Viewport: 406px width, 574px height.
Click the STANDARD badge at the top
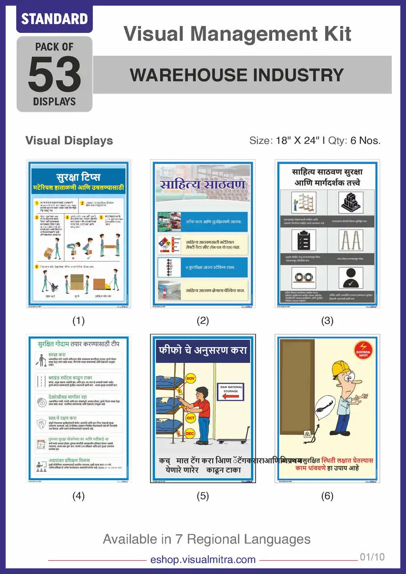[x=55, y=19]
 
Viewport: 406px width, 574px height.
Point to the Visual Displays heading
[x=69, y=140]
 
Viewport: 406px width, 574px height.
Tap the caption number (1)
[x=79, y=321]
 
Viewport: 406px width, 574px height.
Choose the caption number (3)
[x=327, y=321]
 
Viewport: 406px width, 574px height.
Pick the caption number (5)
[x=203, y=496]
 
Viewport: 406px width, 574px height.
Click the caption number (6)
[x=327, y=496]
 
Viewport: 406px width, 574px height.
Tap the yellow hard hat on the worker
[x=340, y=369]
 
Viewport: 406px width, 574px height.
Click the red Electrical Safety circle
[x=364, y=351]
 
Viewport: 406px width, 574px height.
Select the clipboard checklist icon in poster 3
[x=303, y=240]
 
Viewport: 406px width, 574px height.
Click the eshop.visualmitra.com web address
[x=203, y=560]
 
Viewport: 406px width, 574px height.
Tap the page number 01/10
[x=372, y=557]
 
